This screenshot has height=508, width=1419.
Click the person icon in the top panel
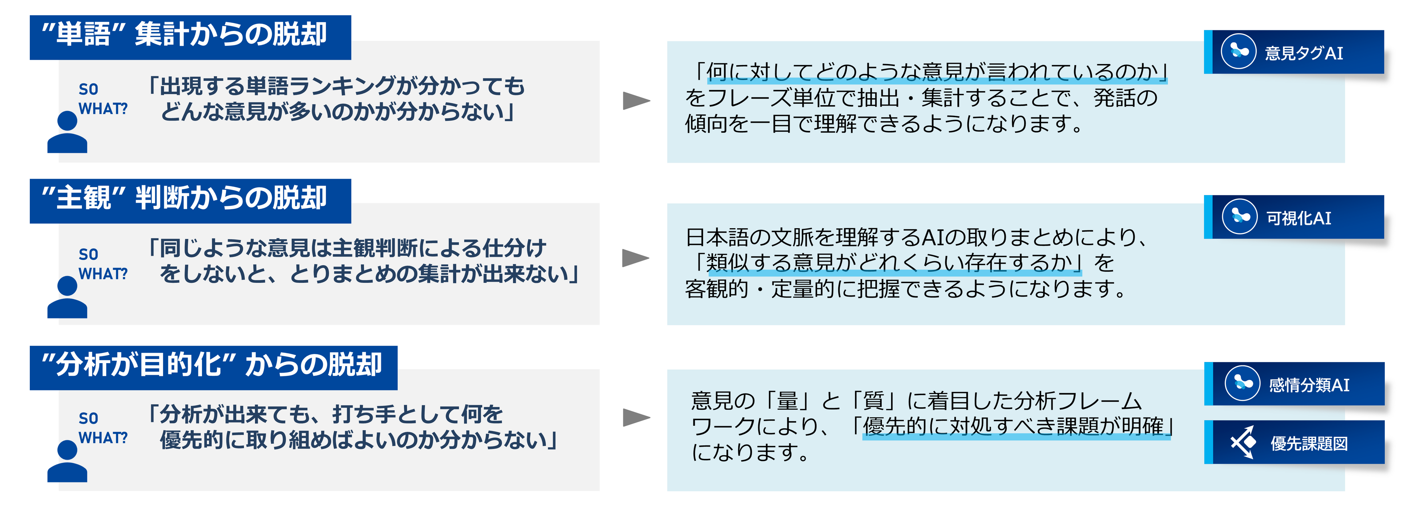click(x=67, y=132)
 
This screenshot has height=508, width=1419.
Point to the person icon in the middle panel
click(x=67, y=298)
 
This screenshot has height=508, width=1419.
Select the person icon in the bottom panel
click(x=67, y=462)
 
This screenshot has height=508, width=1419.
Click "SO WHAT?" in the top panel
click(x=103, y=99)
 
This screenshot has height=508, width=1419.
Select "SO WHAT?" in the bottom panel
click(x=103, y=428)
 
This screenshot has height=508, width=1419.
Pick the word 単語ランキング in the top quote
click(x=319, y=87)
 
